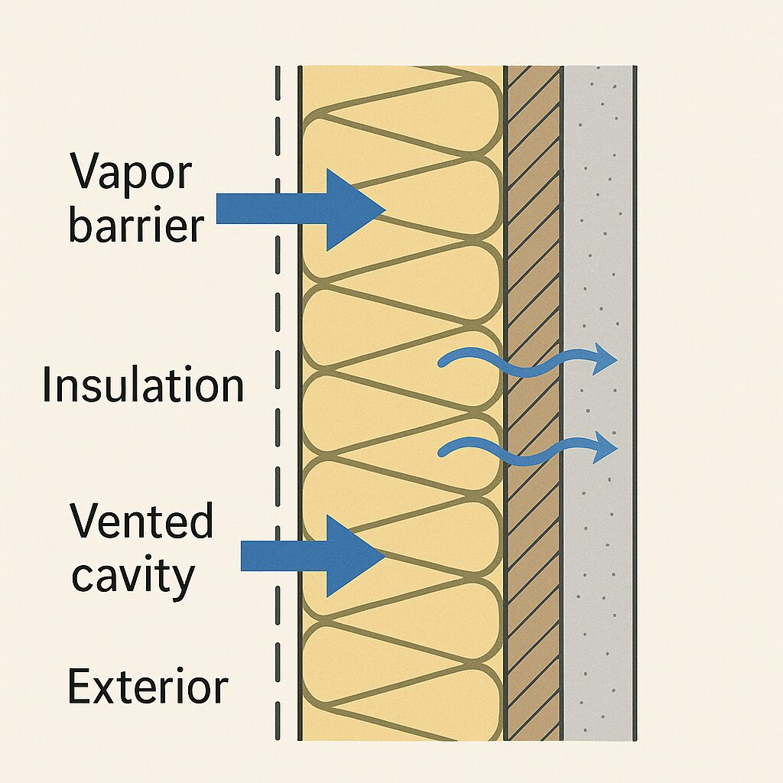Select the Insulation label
[x=143, y=385]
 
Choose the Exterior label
[x=148, y=686]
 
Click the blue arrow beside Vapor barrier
[x=298, y=209]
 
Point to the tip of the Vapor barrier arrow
[x=383, y=209]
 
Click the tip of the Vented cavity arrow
[x=383, y=556]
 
